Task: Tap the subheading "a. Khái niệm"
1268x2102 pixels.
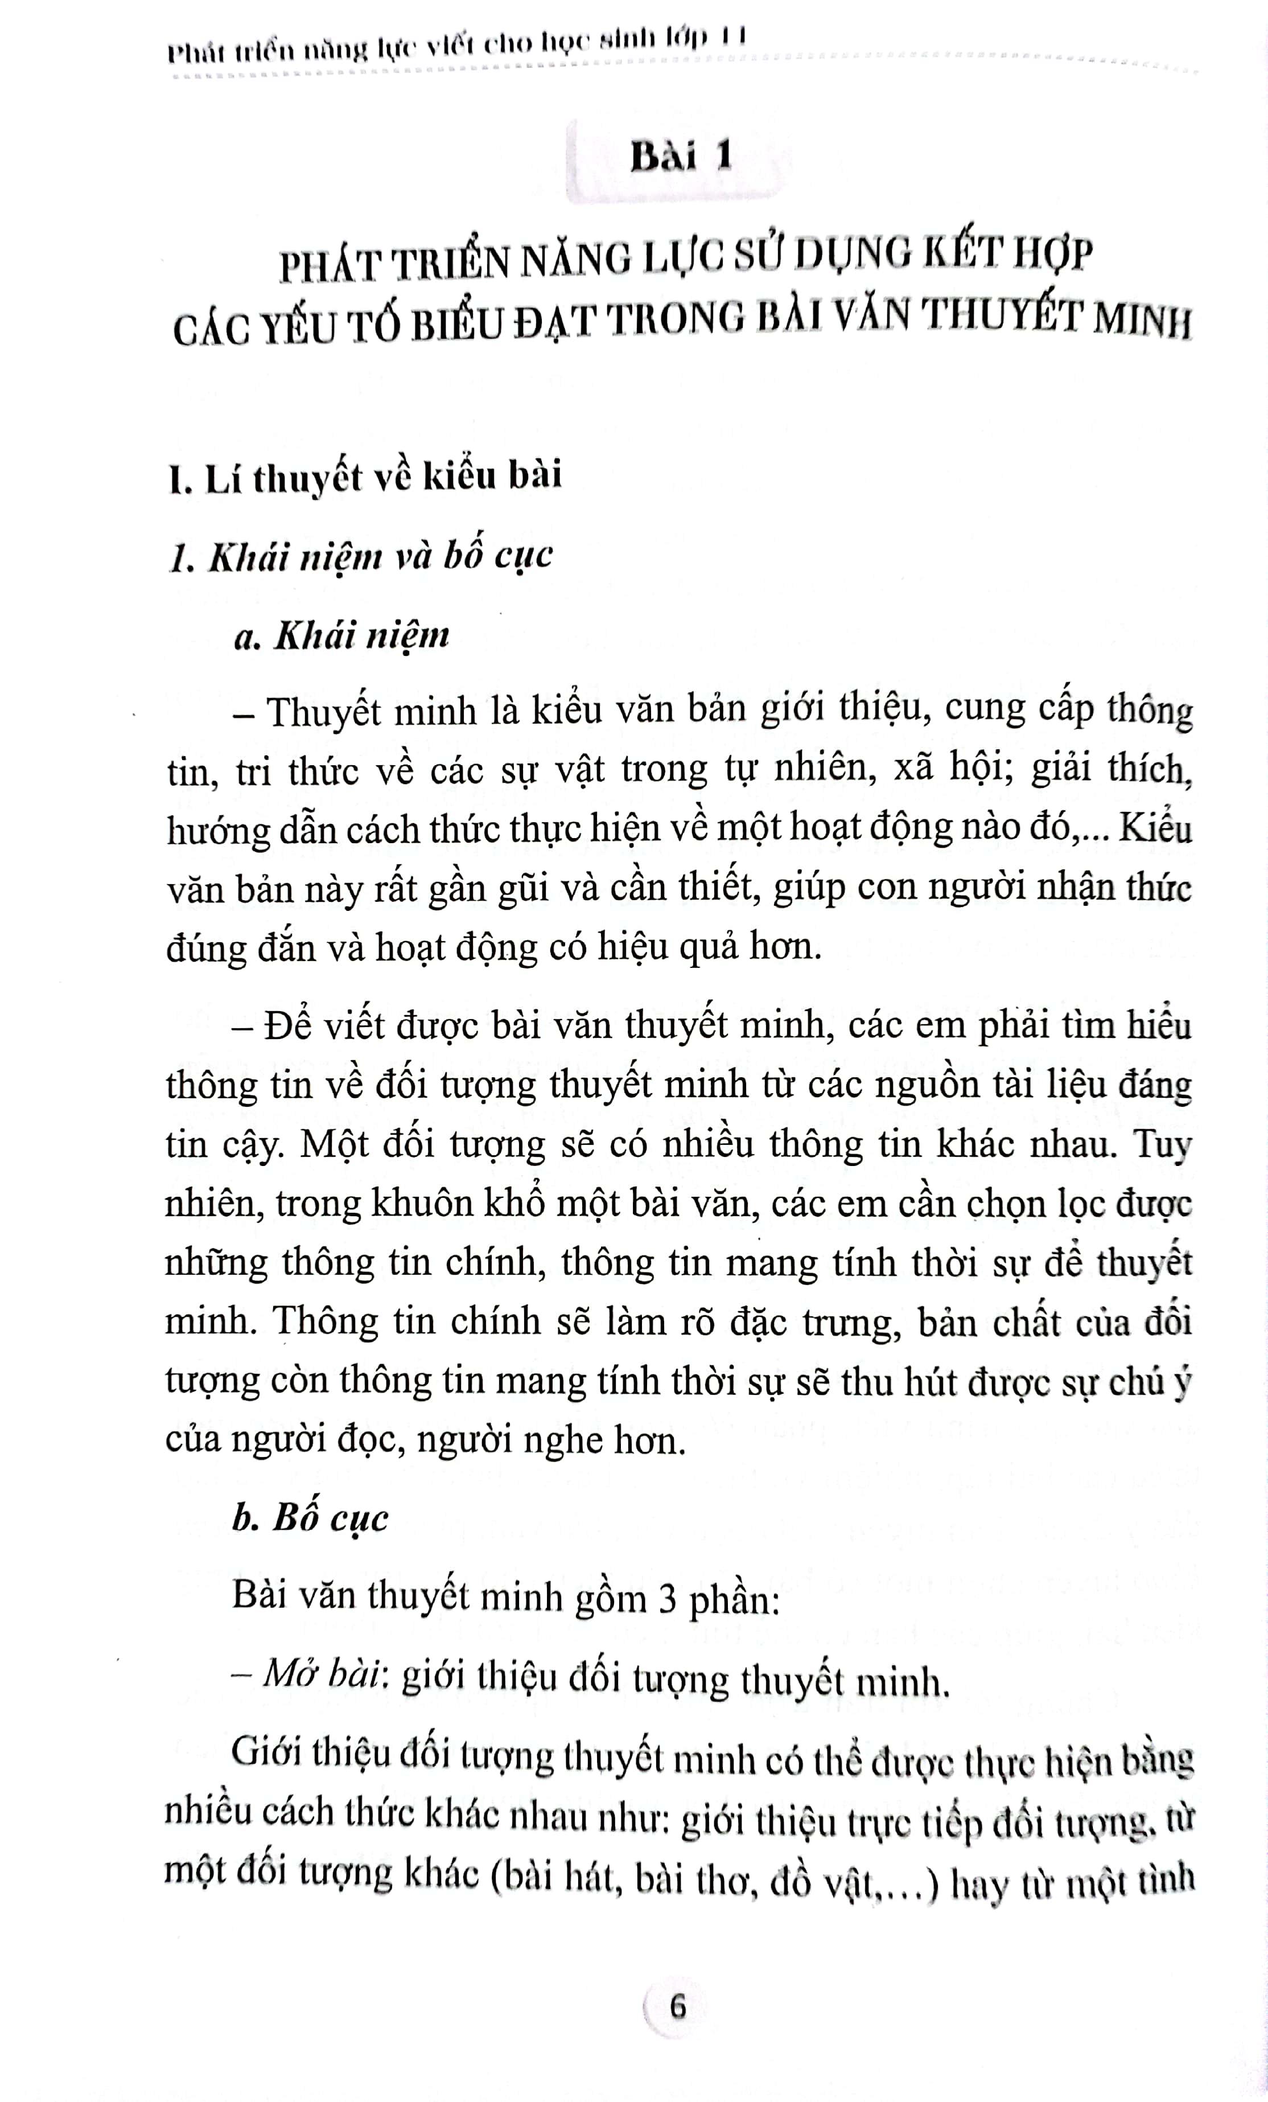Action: (341, 637)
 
